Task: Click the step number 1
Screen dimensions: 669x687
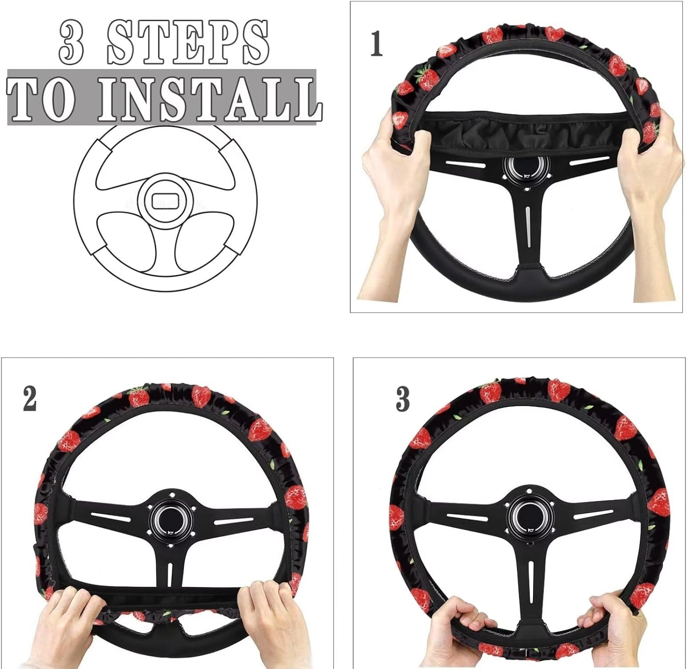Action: [376, 44]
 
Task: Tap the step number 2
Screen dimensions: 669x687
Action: [29, 399]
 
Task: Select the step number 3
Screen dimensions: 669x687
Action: [403, 399]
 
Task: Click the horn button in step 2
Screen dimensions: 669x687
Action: [170, 519]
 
